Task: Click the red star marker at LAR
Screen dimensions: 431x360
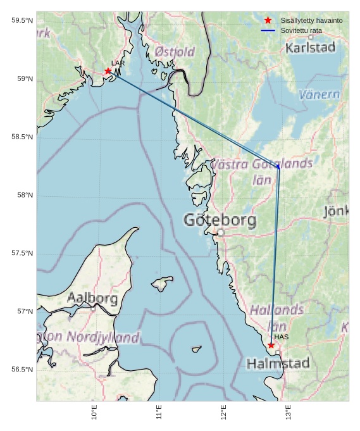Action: point(108,71)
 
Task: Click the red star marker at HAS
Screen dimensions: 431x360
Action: point(271,345)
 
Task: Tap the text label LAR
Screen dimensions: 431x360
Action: point(118,63)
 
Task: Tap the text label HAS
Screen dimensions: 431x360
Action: point(282,337)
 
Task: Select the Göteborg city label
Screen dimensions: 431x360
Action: point(220,220)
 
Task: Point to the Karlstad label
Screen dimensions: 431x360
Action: point(310,47)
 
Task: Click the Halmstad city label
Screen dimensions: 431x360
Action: point(278,363)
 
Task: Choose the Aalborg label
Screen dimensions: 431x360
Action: point(92,297)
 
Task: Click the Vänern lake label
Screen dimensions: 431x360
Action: point(319,95)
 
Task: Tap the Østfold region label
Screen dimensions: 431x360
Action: point(175,51)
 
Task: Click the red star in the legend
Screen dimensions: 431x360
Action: point(268,21)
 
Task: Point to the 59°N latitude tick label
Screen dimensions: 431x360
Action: point(22,79)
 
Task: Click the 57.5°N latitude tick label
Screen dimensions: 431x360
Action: point(22,253)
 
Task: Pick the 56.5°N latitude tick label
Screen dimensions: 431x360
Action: point(22,370)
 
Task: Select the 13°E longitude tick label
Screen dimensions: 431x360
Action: point(289,412)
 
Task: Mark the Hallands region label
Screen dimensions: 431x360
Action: point(276,310)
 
